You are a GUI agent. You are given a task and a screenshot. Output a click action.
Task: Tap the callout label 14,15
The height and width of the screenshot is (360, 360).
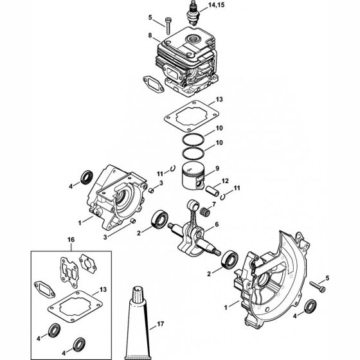coord(216,5)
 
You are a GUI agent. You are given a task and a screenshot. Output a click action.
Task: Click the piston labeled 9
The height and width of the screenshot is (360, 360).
coord(194,176)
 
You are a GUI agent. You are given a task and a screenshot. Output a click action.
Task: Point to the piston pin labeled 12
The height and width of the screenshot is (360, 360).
coord(213,192)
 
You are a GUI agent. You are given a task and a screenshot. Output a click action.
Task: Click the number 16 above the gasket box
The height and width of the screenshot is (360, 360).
coord(71,239)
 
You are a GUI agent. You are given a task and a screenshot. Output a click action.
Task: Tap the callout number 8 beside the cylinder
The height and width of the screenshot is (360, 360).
coord(150,35)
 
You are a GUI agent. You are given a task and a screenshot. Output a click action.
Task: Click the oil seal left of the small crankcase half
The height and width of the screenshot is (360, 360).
coord(87,177)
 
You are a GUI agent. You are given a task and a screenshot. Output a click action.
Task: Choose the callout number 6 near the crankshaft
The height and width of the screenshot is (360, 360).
coord(217,224)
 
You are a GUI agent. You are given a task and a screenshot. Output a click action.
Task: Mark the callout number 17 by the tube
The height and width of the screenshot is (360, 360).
coord(161,324)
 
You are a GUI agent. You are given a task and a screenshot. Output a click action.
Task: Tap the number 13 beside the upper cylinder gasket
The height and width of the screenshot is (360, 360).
coord(219,100)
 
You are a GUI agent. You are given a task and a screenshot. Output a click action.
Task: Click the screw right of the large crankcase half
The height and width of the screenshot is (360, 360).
coord(318,287)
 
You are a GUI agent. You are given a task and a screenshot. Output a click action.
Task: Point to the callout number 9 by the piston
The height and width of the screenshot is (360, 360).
coord(217,168)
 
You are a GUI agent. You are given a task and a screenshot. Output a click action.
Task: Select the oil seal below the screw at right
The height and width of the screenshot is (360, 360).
coord(310,306)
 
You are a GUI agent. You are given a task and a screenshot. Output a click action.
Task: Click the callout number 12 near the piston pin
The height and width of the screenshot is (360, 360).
coord(225,181)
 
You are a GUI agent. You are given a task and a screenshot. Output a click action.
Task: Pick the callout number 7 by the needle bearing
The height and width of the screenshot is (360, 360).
coord(214,204)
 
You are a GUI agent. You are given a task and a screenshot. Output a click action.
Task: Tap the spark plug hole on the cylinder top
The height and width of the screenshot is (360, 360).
coord(192,39)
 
